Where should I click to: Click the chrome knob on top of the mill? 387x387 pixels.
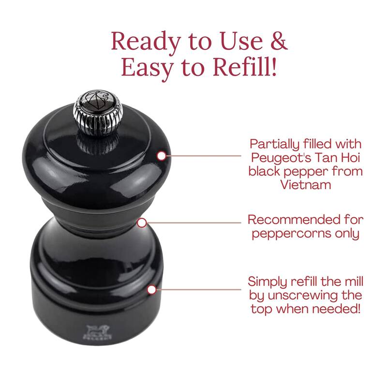98,112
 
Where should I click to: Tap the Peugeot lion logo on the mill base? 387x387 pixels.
97,332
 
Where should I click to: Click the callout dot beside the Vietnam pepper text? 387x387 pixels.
162,156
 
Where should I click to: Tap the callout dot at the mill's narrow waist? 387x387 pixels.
142,223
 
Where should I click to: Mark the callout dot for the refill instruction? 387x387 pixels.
152,289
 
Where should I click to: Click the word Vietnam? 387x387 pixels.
306,184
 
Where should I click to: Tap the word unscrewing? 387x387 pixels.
302,296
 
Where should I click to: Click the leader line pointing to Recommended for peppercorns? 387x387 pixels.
194,223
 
